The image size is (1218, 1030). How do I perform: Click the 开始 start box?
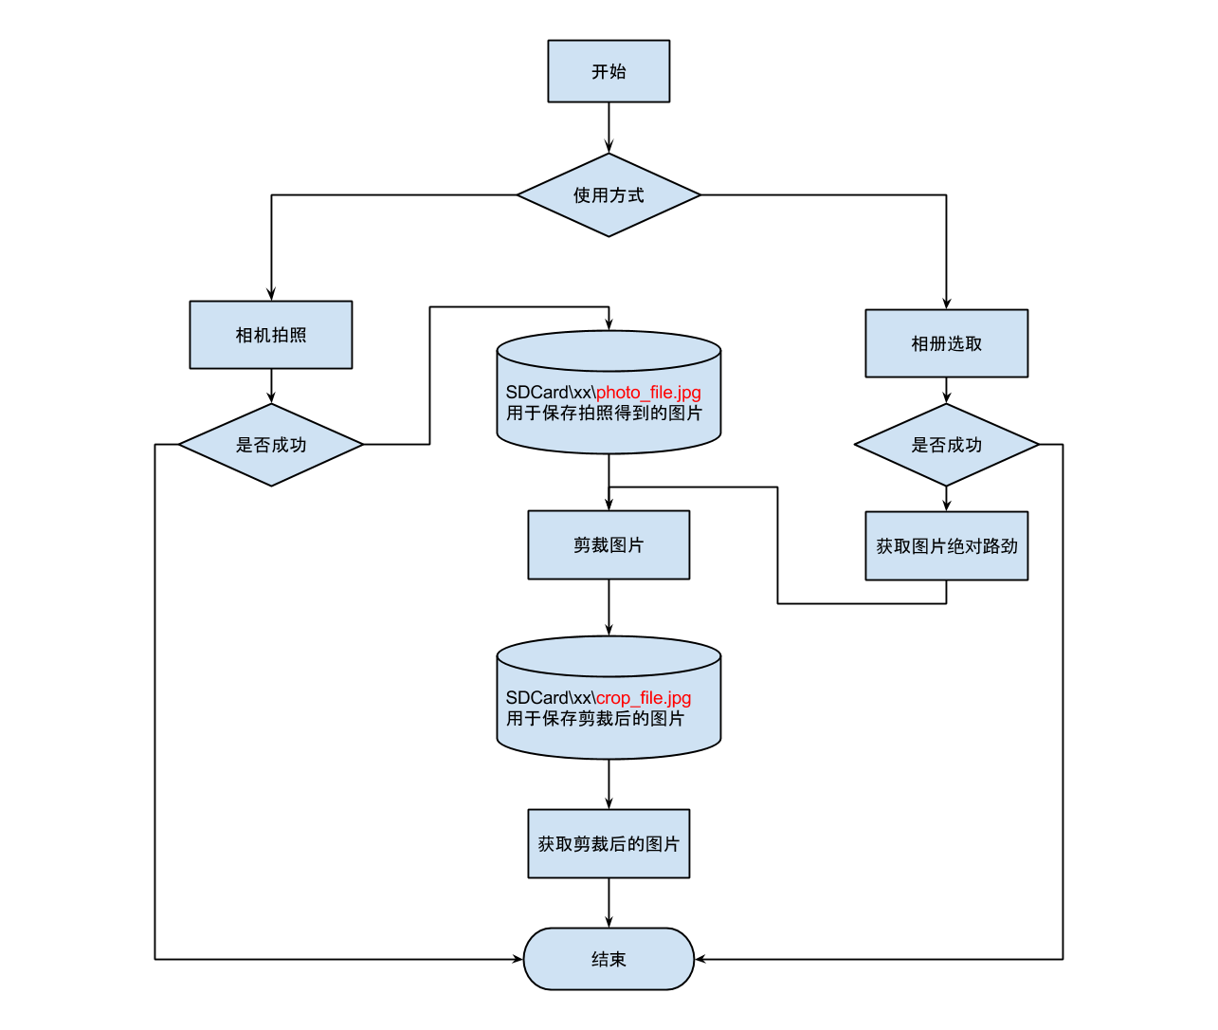point(609,71)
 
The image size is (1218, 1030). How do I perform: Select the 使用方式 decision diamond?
point(609,195)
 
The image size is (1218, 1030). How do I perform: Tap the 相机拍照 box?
point(271,335)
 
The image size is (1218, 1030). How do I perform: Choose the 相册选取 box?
point(946,343)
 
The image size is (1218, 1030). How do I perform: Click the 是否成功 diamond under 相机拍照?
point(271,445)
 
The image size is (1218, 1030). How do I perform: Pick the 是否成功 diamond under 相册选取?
point(946,445)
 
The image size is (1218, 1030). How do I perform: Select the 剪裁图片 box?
point(609,545)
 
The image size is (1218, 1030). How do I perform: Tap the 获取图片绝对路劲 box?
point(946,546)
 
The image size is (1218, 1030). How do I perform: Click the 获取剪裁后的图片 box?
point(609,844)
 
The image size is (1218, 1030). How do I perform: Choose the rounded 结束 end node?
point(609,959)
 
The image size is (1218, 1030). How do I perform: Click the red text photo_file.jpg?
point(648,393)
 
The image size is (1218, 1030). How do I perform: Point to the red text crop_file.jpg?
point(644,698)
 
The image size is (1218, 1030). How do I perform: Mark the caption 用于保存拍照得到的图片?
point(604,414)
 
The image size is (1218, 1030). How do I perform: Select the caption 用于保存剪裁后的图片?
point(595,719)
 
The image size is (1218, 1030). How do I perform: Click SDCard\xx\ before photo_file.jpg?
point(550,393)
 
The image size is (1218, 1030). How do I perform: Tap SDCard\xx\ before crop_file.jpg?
point(550,698)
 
